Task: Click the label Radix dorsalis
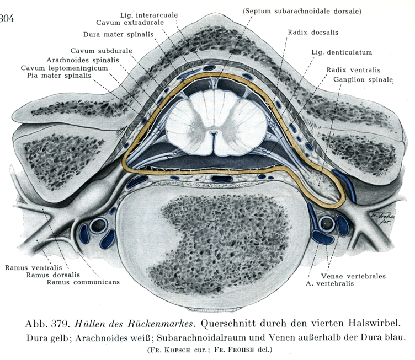309,32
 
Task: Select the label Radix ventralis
350,70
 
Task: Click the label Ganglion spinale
363,79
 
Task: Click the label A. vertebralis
330,284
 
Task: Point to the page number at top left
7,21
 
